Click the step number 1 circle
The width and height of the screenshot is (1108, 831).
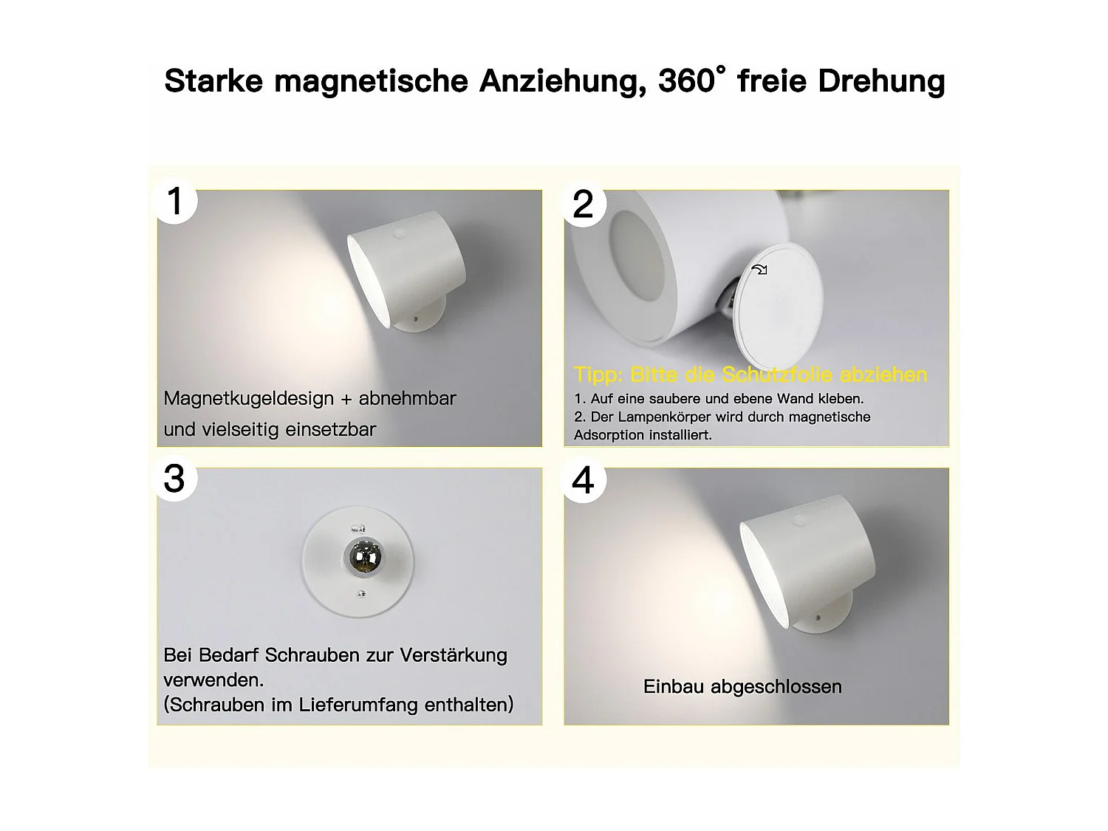175,201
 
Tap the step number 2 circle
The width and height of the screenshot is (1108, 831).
584,204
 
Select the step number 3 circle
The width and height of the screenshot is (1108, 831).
175,479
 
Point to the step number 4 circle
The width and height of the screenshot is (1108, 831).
584,481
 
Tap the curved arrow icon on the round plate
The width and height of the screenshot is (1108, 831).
759,270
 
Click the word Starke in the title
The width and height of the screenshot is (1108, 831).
213,81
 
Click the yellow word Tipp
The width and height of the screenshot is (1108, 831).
598,375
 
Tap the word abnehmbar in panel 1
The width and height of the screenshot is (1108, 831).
407,399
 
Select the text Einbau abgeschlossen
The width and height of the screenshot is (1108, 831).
742,687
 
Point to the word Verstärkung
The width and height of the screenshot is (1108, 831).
454,655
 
